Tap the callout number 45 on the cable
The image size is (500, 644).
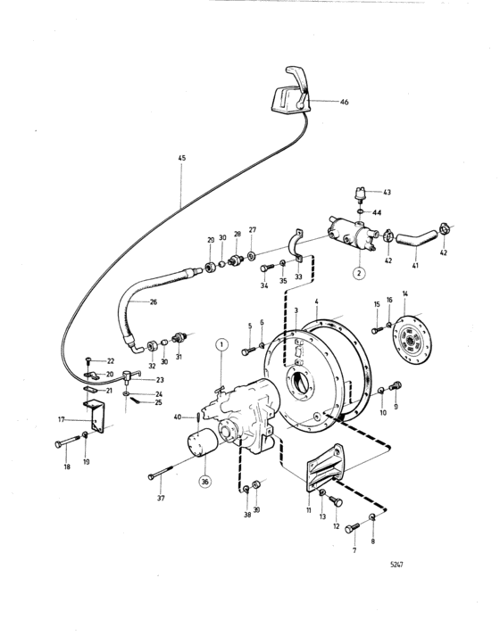(182, 158)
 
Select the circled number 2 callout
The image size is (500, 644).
(359, 273)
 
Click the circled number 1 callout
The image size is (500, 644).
(222, 345)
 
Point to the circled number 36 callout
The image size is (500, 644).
(204, 481)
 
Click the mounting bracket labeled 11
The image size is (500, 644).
(325, 466)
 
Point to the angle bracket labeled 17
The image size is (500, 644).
(95, 416)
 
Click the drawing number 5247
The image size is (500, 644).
(396, 565)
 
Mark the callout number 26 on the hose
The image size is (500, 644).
(154, 302)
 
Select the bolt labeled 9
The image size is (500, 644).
(396, 386)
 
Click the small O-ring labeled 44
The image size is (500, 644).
(359, 212)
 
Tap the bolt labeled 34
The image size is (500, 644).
(266, 268)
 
